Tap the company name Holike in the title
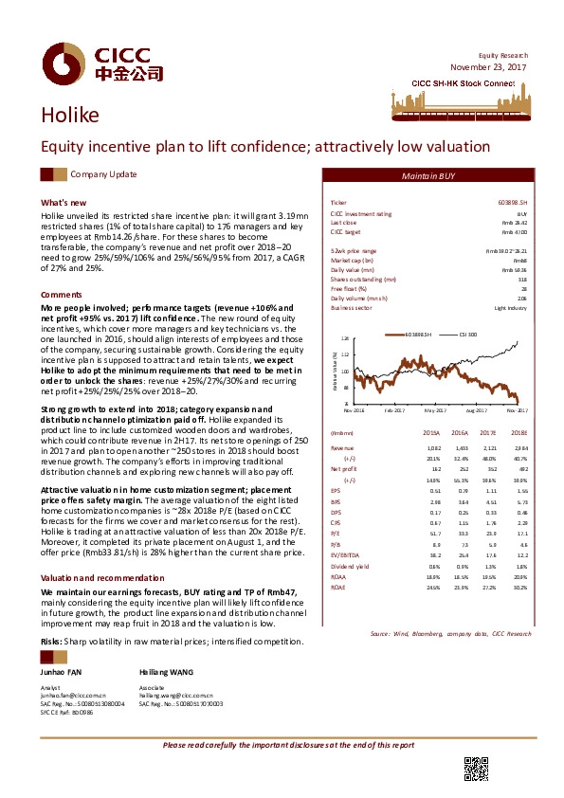69,116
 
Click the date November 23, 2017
486,67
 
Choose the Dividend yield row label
347,566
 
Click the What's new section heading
64,203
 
